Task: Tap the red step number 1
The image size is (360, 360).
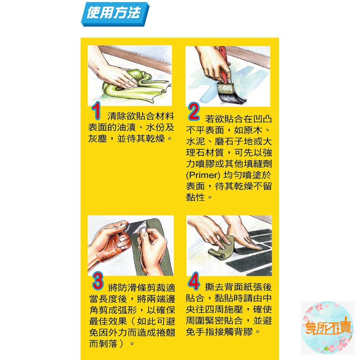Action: point(96,111)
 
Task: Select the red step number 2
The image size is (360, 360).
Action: point(194,112)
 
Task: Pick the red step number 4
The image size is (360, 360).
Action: point(193,281)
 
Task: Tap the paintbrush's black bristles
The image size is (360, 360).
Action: point(231,95)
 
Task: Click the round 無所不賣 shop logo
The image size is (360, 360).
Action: point(327,328)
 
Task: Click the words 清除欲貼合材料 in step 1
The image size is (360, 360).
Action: point(141,116)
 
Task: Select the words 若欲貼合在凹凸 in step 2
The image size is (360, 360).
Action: point(238,119)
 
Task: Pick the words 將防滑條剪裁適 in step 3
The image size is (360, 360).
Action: point(141,287)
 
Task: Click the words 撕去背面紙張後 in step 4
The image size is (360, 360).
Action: point(238,287)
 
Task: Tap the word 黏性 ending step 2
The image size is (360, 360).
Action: point(195,197)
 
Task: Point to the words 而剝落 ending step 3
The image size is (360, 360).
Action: point(103,344)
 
